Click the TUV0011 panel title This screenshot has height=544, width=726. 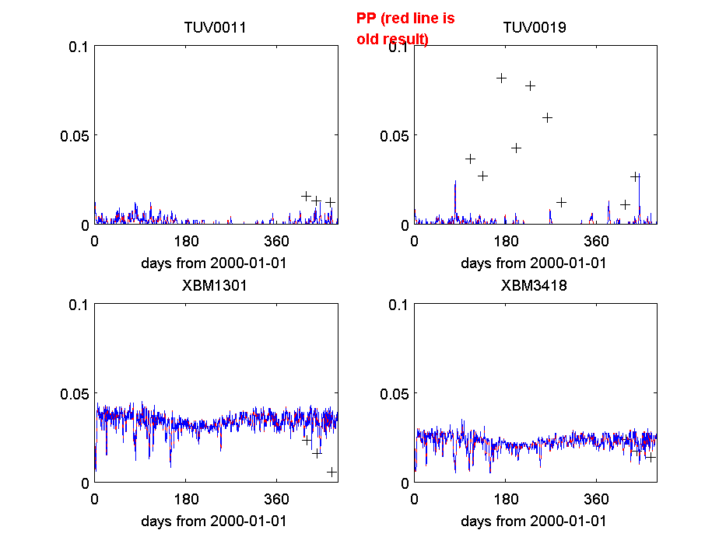pos(215,28)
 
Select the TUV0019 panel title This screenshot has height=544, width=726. pos(535,28)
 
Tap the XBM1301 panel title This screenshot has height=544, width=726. pos(215,285)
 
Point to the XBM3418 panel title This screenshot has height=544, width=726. pos(535,285)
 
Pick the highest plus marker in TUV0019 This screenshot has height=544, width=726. pos(502,78)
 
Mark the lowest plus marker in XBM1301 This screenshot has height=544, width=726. pos(332,472)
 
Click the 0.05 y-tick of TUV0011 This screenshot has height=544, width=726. pos(75,135)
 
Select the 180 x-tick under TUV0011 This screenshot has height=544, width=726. pos(186,240)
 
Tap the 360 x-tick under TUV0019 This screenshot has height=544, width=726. pos(596,240)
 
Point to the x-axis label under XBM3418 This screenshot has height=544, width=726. pos(534,521)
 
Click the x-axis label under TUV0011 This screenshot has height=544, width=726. pos(214,263)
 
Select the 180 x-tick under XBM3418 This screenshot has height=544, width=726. pos(506,498)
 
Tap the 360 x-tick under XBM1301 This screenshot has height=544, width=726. pos(277,498)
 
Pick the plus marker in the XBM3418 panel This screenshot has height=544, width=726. pos(651,456)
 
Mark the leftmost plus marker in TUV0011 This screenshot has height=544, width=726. pos(307,196)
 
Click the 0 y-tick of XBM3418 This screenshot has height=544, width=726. pos(404,483)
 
